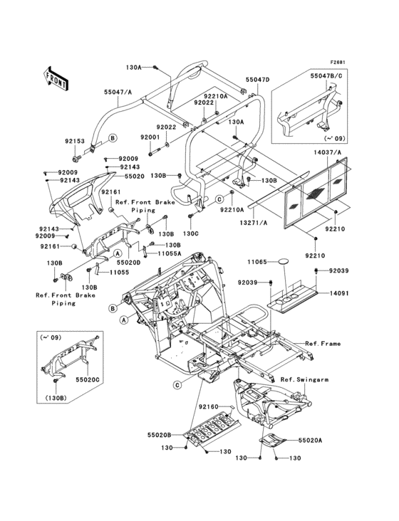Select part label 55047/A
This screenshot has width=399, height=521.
117,92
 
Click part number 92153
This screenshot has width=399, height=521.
75,141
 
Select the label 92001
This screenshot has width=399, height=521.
150,137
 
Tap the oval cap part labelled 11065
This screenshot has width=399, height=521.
284,261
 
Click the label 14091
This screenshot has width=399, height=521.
339,293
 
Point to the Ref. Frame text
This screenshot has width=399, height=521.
323,343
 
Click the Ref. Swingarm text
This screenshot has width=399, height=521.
304,379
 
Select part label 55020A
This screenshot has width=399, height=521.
310,440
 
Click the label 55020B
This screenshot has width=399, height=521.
160,435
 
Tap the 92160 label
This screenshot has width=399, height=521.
209,406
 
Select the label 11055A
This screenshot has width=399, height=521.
170,253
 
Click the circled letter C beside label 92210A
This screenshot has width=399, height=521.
219,199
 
